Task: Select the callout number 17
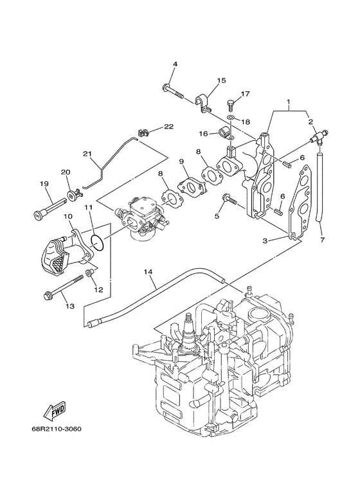[245, 93]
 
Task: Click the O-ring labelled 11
[96, 242]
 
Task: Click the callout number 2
[310, 122]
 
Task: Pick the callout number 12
[98, 290]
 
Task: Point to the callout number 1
[289, 102]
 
